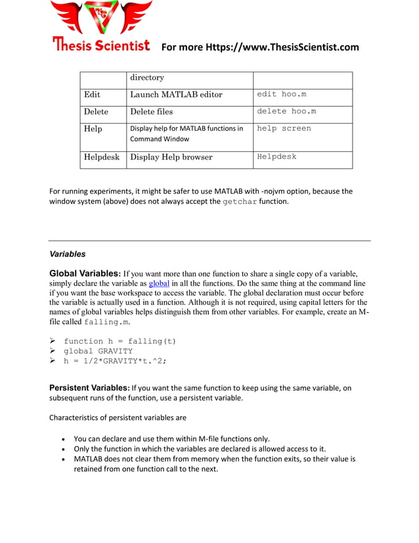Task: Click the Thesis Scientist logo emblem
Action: [101, 18]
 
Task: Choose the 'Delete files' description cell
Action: [152, 112]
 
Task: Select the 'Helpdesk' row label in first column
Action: [102, 157]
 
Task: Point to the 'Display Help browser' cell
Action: [171, 157]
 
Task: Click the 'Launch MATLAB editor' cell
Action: [176, 95]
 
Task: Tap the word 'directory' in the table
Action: [147, 78]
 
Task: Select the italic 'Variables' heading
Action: [68, 254]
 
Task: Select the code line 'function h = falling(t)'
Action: [120, 341]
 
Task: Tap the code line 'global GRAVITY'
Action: [98, 351]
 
